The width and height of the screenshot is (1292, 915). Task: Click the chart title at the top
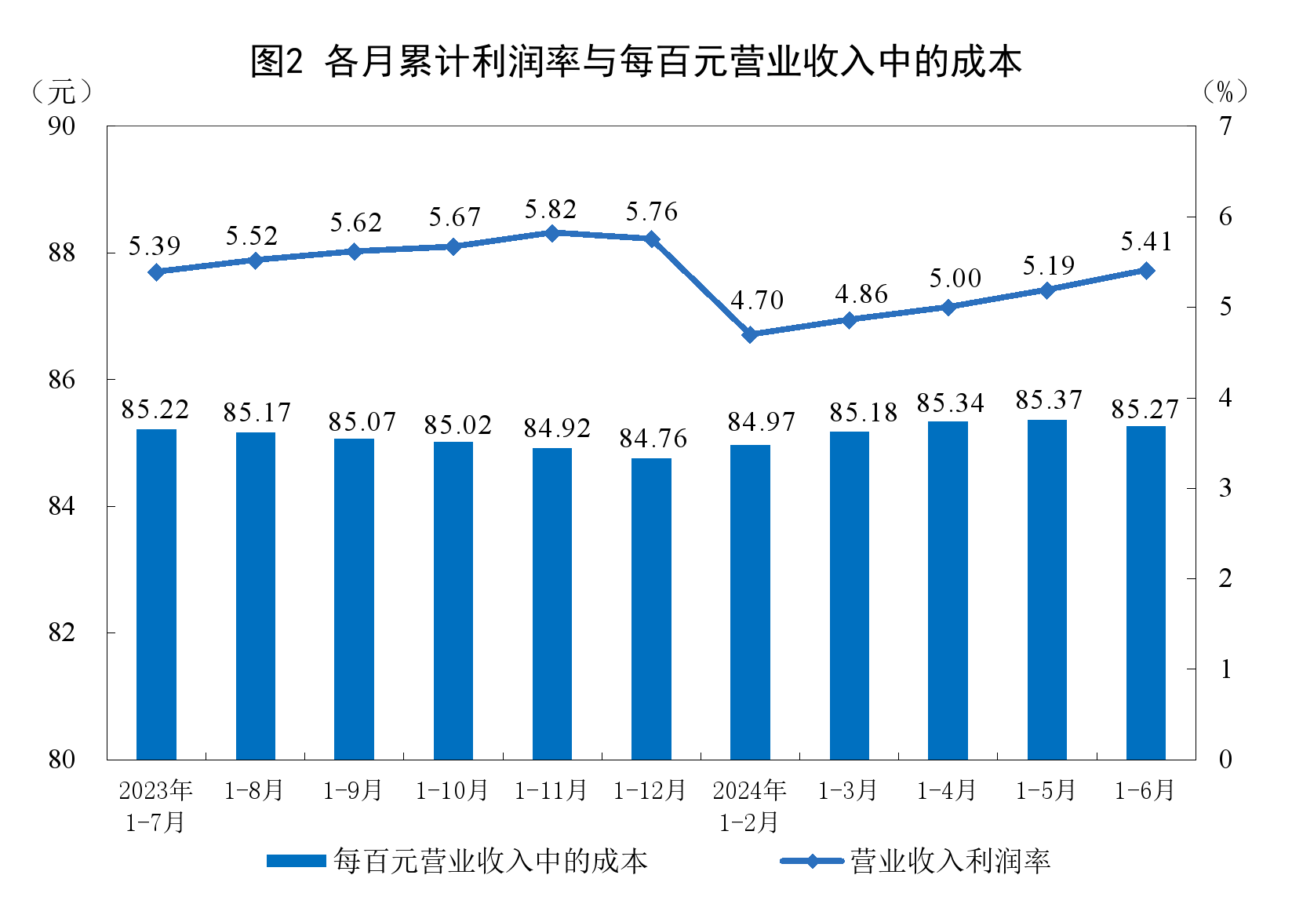click(635, 61)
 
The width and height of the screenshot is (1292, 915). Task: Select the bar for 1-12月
click(651, 608)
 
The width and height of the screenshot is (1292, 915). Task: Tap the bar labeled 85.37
click(1047, 589)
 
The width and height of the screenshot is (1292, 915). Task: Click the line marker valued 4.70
click(750, 334)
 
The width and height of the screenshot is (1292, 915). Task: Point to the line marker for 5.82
click(551, 233)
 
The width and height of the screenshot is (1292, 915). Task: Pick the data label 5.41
click(1146, 242)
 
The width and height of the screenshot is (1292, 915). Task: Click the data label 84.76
click(653, 439)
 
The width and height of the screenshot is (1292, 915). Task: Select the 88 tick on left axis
click(62, 253)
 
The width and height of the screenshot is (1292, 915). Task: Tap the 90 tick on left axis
click(62, 126)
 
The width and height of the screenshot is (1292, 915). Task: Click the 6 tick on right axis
click(1225, 217)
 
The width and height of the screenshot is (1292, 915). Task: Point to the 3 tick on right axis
click(1225, 488)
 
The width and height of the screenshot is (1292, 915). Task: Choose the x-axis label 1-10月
click(452, 790)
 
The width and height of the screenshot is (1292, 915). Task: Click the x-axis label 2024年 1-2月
click(749, 806)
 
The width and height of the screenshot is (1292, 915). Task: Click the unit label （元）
click(62, 93)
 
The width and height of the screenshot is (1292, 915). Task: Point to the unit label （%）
click(1225, 93)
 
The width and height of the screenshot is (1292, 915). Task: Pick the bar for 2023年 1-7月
click(156, 594)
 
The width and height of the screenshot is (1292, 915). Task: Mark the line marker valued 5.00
click(948, 307)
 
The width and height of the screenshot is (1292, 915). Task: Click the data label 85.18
click(863, 413)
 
